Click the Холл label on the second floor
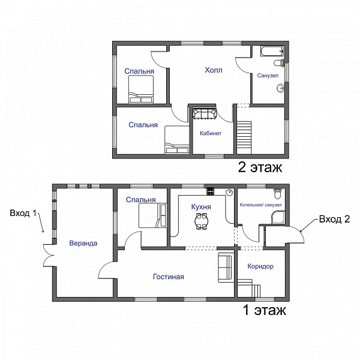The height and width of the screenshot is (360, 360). click(214, 70)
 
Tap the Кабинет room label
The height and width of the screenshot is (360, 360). click(211, 133)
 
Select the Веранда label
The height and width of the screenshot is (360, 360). click(83, 243)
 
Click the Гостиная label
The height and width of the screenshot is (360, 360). click(169, 277)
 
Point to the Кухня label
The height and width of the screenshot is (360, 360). click(201, 207)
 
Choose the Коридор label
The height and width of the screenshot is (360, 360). click(260, 266)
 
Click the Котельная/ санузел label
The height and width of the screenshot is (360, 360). click(260, 205)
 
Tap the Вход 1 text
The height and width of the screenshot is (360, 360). click(23, 213)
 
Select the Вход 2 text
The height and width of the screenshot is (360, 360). click(335, 219)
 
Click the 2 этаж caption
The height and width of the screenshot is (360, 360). click(260, 167)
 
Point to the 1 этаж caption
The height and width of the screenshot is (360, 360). click(265, 310)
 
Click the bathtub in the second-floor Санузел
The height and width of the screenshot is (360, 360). click(272, 51)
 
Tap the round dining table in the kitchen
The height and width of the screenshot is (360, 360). click(202, 221)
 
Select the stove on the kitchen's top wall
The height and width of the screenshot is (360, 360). click(211, 191)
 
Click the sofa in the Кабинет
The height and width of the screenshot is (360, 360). click(205, 113)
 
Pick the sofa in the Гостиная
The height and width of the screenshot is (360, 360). click(225, 268)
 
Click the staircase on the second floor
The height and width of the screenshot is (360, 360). click(244, 138)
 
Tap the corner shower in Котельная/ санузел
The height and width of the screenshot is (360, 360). click(278, 217)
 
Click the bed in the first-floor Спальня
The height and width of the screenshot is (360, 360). click(152, 215)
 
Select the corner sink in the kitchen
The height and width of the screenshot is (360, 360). click(229, 192)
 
